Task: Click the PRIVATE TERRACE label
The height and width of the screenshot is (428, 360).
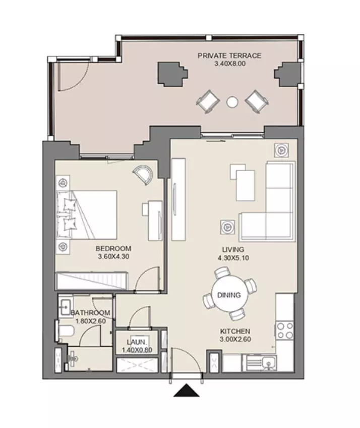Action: [229, 56]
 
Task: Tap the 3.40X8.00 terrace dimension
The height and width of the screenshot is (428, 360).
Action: [229, 64]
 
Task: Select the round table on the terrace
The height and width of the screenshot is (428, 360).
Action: [232, 102]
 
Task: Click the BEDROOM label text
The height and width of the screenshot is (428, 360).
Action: [113, 249]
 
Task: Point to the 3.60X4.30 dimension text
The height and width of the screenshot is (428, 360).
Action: [113, 256]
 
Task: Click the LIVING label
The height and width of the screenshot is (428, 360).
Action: [233, 249]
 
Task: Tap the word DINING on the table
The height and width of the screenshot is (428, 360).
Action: [229, 295]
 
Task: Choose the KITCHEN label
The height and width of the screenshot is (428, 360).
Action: [235, 332]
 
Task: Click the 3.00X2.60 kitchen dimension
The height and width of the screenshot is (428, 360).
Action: [235, 339]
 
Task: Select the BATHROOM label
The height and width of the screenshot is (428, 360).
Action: [91, 313]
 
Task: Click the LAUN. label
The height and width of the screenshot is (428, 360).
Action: [137, 342]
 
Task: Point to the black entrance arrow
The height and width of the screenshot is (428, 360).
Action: [187, 390]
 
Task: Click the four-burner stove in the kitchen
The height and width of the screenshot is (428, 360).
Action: [285, 331]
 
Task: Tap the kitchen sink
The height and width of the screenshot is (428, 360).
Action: [268, 363]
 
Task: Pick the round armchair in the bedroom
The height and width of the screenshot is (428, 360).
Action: [144, 174]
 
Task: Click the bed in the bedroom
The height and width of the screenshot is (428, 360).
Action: [87, 215]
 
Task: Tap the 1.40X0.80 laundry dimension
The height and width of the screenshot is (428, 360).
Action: [137, 350]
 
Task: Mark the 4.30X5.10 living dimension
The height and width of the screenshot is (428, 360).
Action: [233, 258]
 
